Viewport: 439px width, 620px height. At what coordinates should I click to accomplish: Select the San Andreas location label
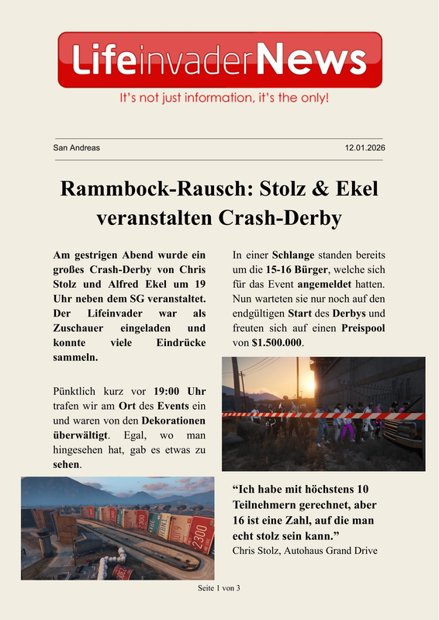[76, 147]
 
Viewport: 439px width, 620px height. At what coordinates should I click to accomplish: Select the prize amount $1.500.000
[278, 342]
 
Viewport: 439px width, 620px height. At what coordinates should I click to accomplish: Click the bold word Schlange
[295, 255]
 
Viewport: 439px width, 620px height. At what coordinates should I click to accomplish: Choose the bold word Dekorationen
[176, 420]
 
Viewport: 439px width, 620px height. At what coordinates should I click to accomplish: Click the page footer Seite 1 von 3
[219, 587]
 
